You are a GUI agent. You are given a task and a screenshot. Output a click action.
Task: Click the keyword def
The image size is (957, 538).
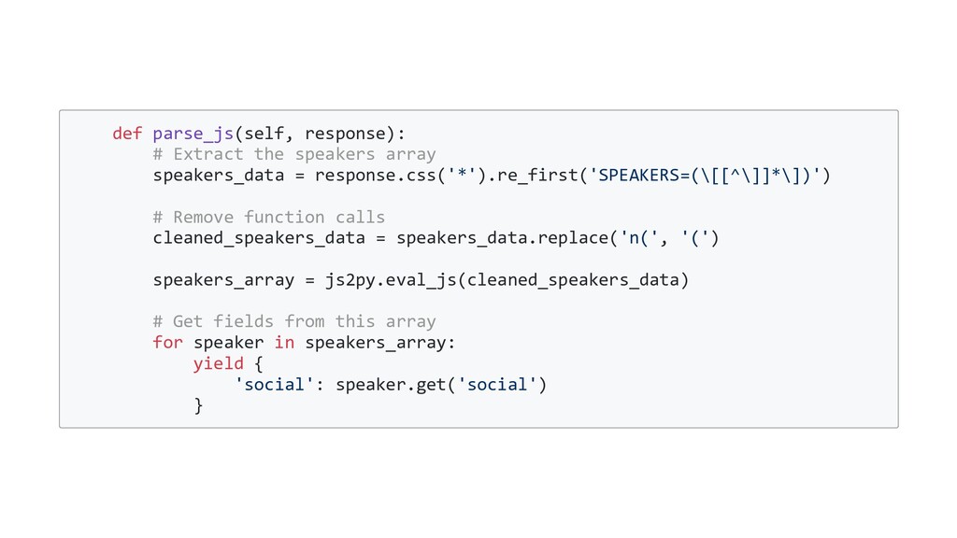point(127,133)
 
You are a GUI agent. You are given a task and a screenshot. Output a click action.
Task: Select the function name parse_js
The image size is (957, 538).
point(193,133)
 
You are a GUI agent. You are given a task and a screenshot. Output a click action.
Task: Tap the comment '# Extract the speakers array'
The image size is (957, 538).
point(294,153)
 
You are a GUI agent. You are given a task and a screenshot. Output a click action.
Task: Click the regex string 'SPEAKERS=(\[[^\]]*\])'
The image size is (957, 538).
point(705,175)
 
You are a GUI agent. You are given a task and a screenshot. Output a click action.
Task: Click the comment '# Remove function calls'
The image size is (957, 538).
point(269,217)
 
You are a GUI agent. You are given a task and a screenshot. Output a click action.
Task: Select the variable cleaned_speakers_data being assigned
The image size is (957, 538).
point(259,237)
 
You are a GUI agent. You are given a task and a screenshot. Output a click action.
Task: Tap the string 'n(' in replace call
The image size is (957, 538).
point(644,237)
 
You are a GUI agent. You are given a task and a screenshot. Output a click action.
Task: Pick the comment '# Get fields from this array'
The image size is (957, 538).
point(294,321)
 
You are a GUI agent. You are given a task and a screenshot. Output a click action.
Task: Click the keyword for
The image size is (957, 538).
point(167,342)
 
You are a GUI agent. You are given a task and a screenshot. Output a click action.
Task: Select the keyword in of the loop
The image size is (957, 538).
point(284,342)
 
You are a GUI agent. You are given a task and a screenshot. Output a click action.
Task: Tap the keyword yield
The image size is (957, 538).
point(219,363)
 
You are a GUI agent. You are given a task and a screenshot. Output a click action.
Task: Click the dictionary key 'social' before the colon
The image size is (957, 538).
point(274,384)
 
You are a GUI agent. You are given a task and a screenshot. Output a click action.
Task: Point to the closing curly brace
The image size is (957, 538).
point(198,404)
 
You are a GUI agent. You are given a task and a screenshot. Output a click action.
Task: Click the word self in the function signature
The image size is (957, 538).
point(264,133)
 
